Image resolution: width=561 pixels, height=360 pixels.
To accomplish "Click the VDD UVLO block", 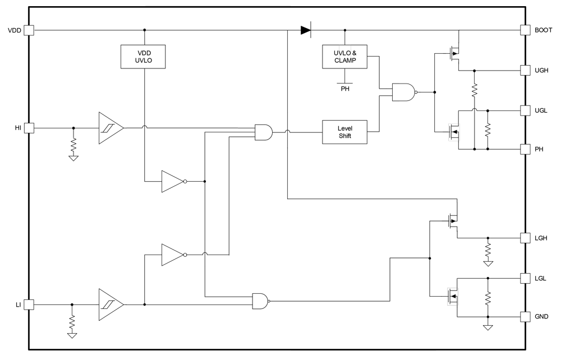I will (144, 56).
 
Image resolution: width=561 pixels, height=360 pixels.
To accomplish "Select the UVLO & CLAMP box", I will (344, 56).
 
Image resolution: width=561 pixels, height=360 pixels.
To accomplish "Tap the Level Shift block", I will (344, 132).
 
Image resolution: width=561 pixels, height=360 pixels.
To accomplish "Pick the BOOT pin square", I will (525, 30).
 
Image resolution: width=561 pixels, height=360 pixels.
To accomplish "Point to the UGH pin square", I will (525, 71).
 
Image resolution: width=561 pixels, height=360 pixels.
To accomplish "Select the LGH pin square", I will (525, 238).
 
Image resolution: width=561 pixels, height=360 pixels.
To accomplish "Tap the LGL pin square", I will (525, 278).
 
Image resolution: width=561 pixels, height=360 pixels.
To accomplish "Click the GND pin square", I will (525, 317).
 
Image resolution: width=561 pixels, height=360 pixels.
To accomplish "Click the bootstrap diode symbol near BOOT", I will (306, 30).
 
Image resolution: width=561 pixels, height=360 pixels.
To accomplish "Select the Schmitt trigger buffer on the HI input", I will (111, 128).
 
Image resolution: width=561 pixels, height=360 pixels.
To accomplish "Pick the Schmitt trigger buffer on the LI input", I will (111, 304).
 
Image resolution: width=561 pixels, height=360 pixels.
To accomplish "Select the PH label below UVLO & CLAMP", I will (344, 87).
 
